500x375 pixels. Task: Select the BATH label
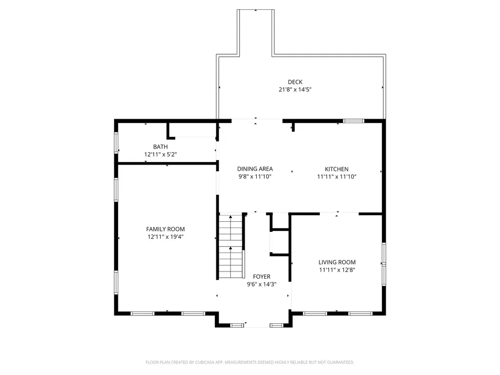(160, 146)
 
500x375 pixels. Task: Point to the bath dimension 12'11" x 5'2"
(160, 154)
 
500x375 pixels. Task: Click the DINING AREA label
(255, 169)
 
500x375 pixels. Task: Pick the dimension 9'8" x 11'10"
(255, 177)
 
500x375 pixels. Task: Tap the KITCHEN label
(336, 169)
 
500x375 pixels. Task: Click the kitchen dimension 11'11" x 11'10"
(336, 177)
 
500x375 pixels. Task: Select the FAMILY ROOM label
(166, 229)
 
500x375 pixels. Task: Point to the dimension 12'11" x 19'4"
(166, 237)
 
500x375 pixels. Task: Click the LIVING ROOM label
(337, 262)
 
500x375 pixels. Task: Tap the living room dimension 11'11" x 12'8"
(337, 270)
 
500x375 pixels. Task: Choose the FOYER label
(261, 276)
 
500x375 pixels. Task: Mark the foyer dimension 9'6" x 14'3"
(261, 284)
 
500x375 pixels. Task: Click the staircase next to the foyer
(230, 246)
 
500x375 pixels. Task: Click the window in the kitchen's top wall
(353, 121)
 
